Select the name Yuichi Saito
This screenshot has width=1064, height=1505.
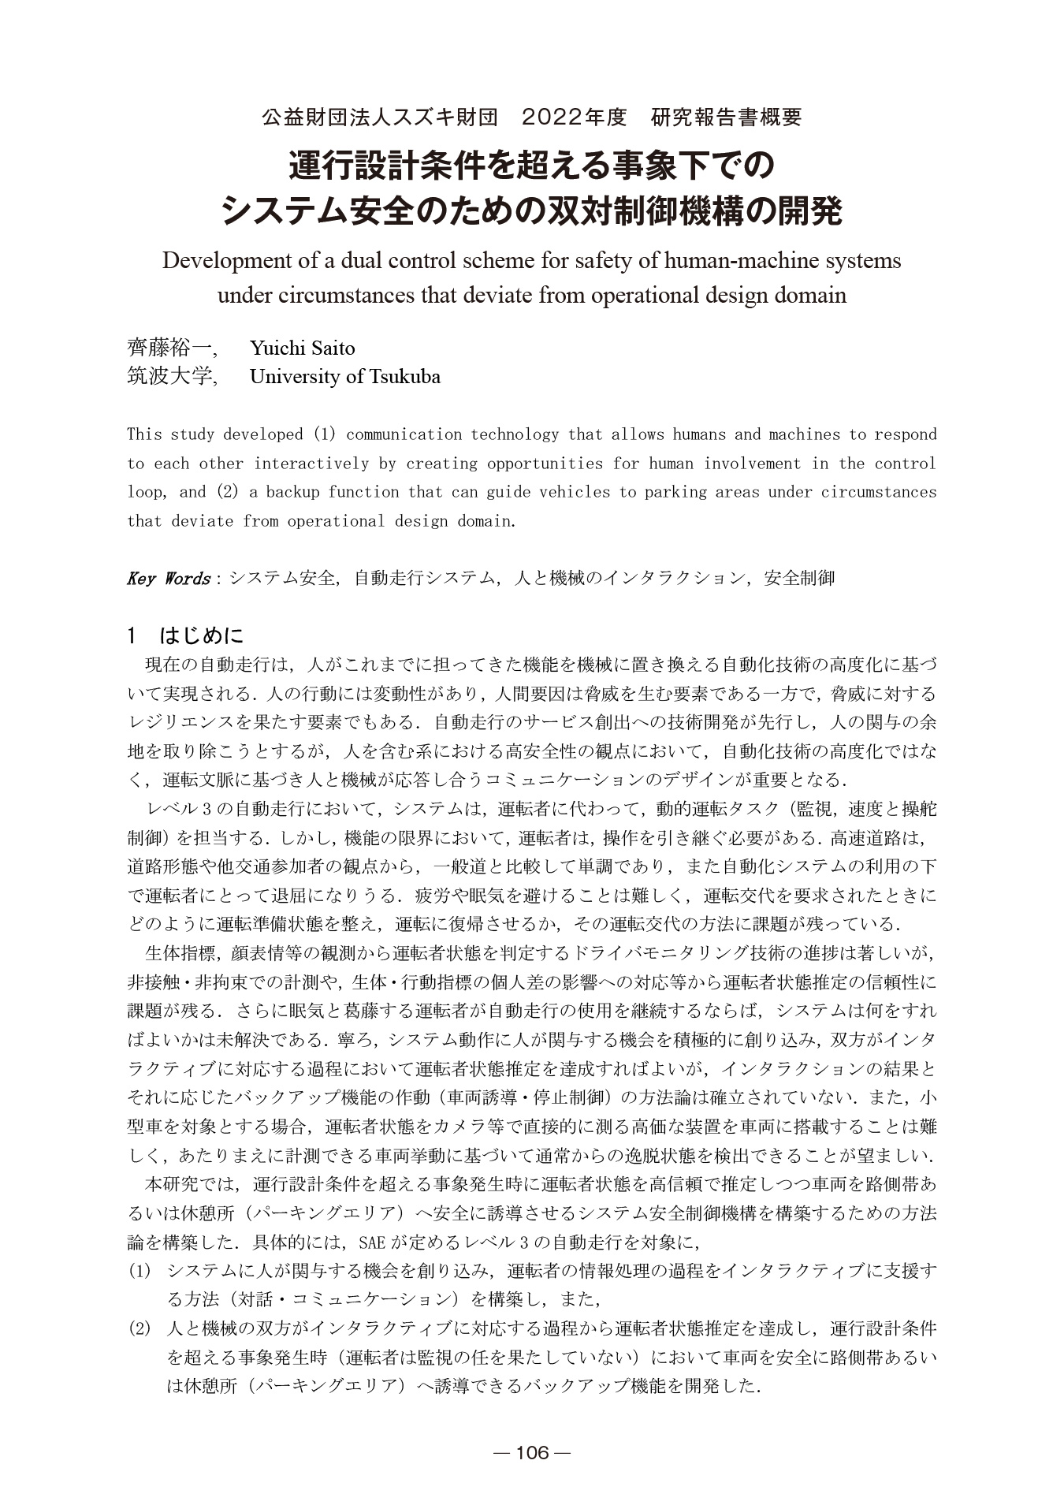tap(302, 348)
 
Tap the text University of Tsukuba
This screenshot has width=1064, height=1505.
tap(344, 376)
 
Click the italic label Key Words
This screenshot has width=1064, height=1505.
tap(168, 578)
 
